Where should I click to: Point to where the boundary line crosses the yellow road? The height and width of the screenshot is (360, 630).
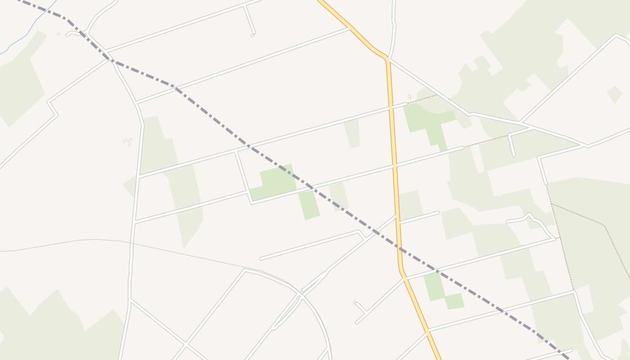(399, 247)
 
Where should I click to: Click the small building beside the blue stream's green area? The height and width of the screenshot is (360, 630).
(58, 34)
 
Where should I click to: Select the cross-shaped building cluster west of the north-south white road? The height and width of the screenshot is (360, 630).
(128, 142)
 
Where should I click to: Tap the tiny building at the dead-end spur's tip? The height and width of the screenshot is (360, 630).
(253, 36)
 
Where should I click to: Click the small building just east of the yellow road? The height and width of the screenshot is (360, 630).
(409, 97)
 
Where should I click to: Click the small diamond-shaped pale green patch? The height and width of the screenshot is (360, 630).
(615, 94)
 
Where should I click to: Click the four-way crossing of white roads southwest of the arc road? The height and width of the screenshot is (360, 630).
(185, 344)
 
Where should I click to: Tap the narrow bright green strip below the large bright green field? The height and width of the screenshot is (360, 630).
(309, 205)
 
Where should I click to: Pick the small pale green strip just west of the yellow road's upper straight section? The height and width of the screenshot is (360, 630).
(352, 133)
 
